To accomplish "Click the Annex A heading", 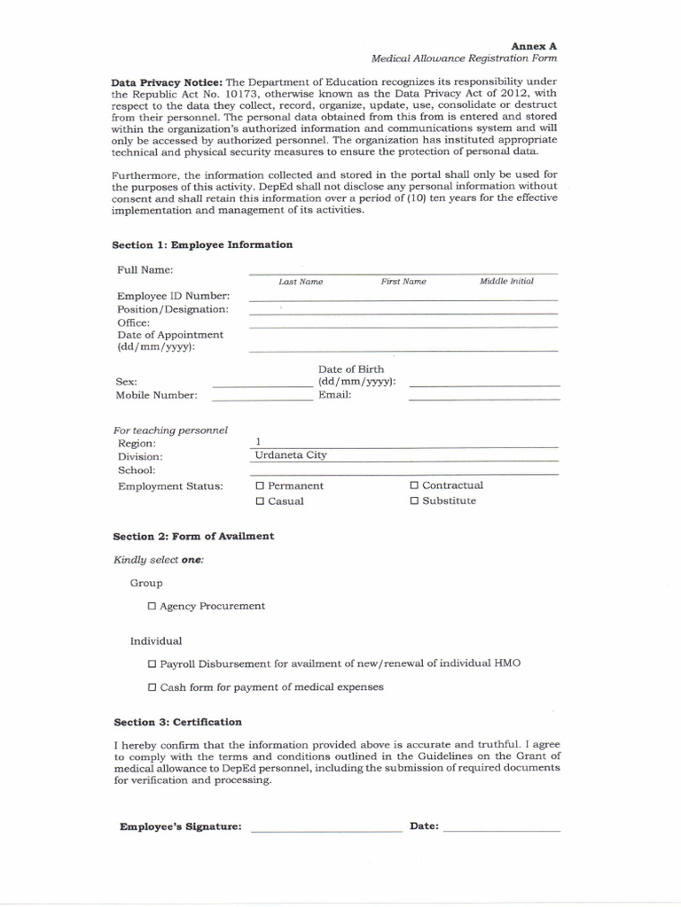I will (x=534, y=45).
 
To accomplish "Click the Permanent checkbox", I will (x=260, y=486).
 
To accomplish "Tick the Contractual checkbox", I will (x=414, y=485).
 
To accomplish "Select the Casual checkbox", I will (x=260, y=501).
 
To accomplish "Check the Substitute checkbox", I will (x=414, y=500).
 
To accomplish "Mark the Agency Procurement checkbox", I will (x=152, y=607).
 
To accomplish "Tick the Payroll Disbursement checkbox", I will (x=152, y=664).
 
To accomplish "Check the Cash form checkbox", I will (x=152, y=687).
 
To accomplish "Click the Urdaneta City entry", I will (x=291, y=455).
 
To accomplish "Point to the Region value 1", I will (x=258, y=441).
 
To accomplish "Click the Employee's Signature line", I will (x=326, y=829).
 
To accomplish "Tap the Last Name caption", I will (x=301, y=282).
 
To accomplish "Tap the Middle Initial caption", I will (x=506, y=282).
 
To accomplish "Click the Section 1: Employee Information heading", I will (x=202, y=244).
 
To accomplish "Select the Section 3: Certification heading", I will (x=177, y=722).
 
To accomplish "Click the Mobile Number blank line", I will (x=262, y=398).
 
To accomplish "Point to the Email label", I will (x=335, y=395).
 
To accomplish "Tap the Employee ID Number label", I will (x=173, y=296).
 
